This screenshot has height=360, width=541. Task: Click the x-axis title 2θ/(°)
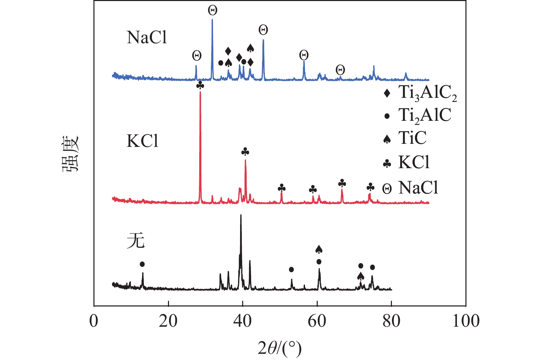click(x=280, y=348)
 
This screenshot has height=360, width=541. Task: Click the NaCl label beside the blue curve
click(x=147, y=37)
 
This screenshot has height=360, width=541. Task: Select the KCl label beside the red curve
click(x=143, y=141)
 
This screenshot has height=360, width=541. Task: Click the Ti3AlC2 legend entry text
click(x=427, y=93)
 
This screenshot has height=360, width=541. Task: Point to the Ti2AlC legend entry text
click(x=425, y=116)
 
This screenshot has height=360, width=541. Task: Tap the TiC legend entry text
click(x=412, y=138)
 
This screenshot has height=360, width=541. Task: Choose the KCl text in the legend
click(x=414, y=162)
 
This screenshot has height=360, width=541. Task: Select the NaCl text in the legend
click(x=418, y=188)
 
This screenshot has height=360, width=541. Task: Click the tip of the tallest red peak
click(x=200, y=92)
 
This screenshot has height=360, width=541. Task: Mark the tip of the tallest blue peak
click(x=212, y=20)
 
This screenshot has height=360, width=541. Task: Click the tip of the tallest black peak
click(x=241, y=215)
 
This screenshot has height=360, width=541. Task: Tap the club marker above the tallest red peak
click(x=200, y=85)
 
